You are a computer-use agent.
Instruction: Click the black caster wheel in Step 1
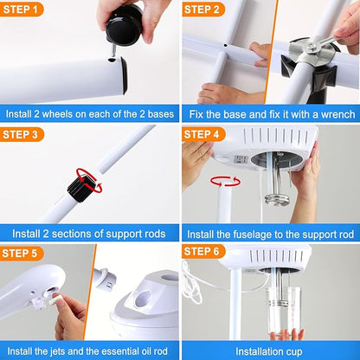[x=124, y=24]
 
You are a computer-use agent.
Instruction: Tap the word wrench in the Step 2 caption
[x=328, y=113]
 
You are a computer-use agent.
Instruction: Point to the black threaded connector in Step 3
[x=82, y=185]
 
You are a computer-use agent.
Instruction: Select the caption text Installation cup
[x=270, y=350]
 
